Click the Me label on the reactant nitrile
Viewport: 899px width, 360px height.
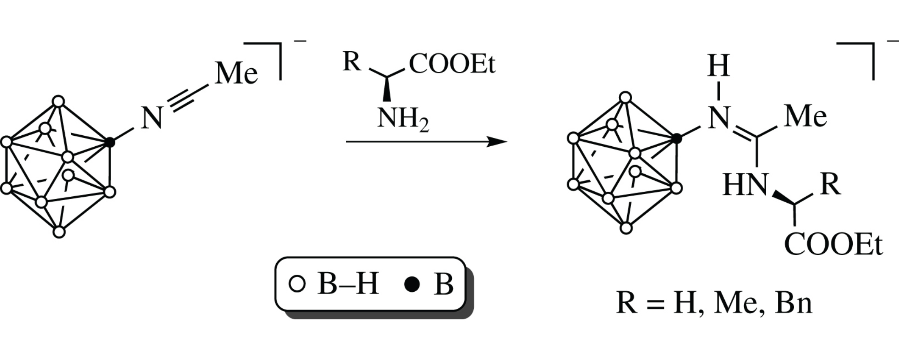click(x=236, y=74)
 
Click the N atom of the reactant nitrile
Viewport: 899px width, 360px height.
click(x=152, y=118)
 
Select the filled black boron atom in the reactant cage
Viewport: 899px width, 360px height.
click(x=109, y=142)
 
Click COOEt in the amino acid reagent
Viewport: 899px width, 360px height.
click(x=452, y=64)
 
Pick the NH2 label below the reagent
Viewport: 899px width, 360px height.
click(x=403, y=119)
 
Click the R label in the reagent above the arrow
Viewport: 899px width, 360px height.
click(x=352, y=62)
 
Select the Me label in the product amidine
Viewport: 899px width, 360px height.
click(x=805, y=117)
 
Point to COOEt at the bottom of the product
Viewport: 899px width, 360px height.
click(x=833, y=245)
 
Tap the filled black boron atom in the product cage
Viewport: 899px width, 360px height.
click(x=676, y=139)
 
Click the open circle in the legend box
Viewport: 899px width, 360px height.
click(x=297, y=284)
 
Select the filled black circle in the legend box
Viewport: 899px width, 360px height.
click(x=412, y=284)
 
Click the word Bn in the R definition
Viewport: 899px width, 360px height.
click(x=793, y=303)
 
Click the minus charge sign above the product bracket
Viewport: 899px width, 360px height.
click(x=893, y=41)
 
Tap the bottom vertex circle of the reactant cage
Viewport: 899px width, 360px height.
click(x=59, y=232)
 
